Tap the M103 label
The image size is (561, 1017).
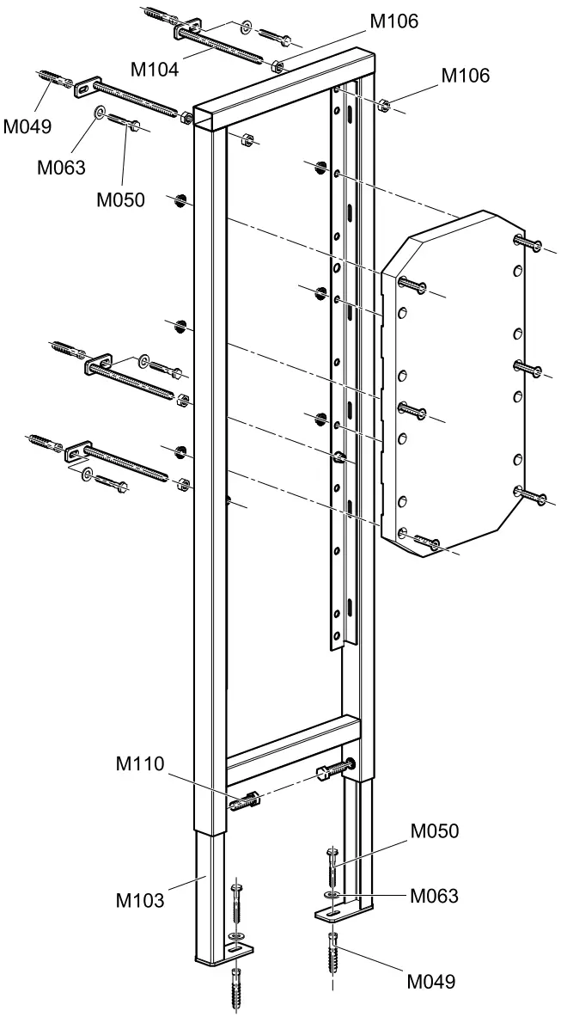pyautogui.click(x=141, y=900)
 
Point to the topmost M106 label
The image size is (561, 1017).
pyautogui.click(x=394, y=21)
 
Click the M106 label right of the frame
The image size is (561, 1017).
pyautogui.click(x=466, y=76)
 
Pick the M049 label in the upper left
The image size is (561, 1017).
pyautogui.click(x=27, y=126)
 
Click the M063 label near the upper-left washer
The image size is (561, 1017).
pyautogui.click(x=60, y=167)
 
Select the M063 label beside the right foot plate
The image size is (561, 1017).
pyautogui.click(x=434, y=896)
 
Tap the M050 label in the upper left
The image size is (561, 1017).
pyautogui.click(x=119, y=200)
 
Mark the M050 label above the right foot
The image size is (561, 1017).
pyautogui.click(x=435, y=830)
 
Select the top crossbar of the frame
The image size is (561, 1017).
pyautogui.click(x=284, y=95)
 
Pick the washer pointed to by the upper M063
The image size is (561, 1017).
pyautogui.click(x=101, y=112)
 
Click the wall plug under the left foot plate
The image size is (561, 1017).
pyautogui.click(x=237, y=989)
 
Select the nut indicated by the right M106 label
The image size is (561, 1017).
pyautogui.click(x=386, y=107)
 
